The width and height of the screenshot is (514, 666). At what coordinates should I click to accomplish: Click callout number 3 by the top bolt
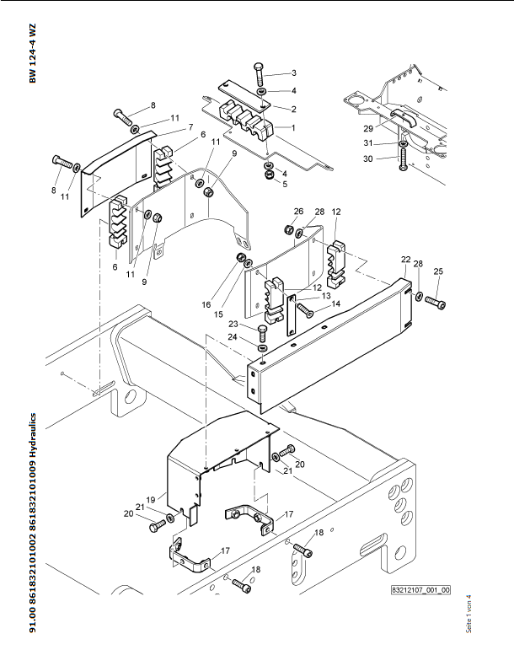(x=293, y=73)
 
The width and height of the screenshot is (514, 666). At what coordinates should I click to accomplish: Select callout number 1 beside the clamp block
(x=293, y=126)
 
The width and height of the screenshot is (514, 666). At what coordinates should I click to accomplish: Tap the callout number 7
(x=190, y=126)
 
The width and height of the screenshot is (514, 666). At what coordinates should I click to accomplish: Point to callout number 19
(x=152, y=500)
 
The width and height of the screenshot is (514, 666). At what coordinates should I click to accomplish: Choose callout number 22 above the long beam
(x=405, y=259)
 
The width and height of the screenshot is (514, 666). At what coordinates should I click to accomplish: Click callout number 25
(x=437, y=271)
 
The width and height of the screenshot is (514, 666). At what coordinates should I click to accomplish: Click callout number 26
(x=298, y=211)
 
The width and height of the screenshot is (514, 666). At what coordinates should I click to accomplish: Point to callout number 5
(x=284, y=184)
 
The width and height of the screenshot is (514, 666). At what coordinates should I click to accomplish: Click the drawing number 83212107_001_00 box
(x=420, y=590)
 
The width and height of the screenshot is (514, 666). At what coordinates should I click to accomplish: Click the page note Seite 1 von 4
(x=468, y=616)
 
